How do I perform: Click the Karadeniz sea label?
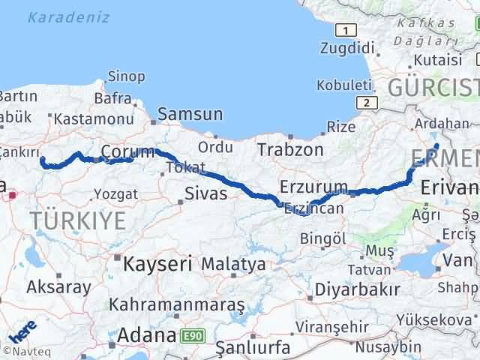(69, 17)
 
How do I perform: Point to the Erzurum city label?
(313, 186)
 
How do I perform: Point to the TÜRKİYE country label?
(77, 220)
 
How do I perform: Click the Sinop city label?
(126, 76)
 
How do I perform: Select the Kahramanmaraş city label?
(177, 305)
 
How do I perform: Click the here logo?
(22, 332)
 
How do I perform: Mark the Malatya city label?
(233, 264)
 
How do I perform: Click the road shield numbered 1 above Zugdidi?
(345, 30)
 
